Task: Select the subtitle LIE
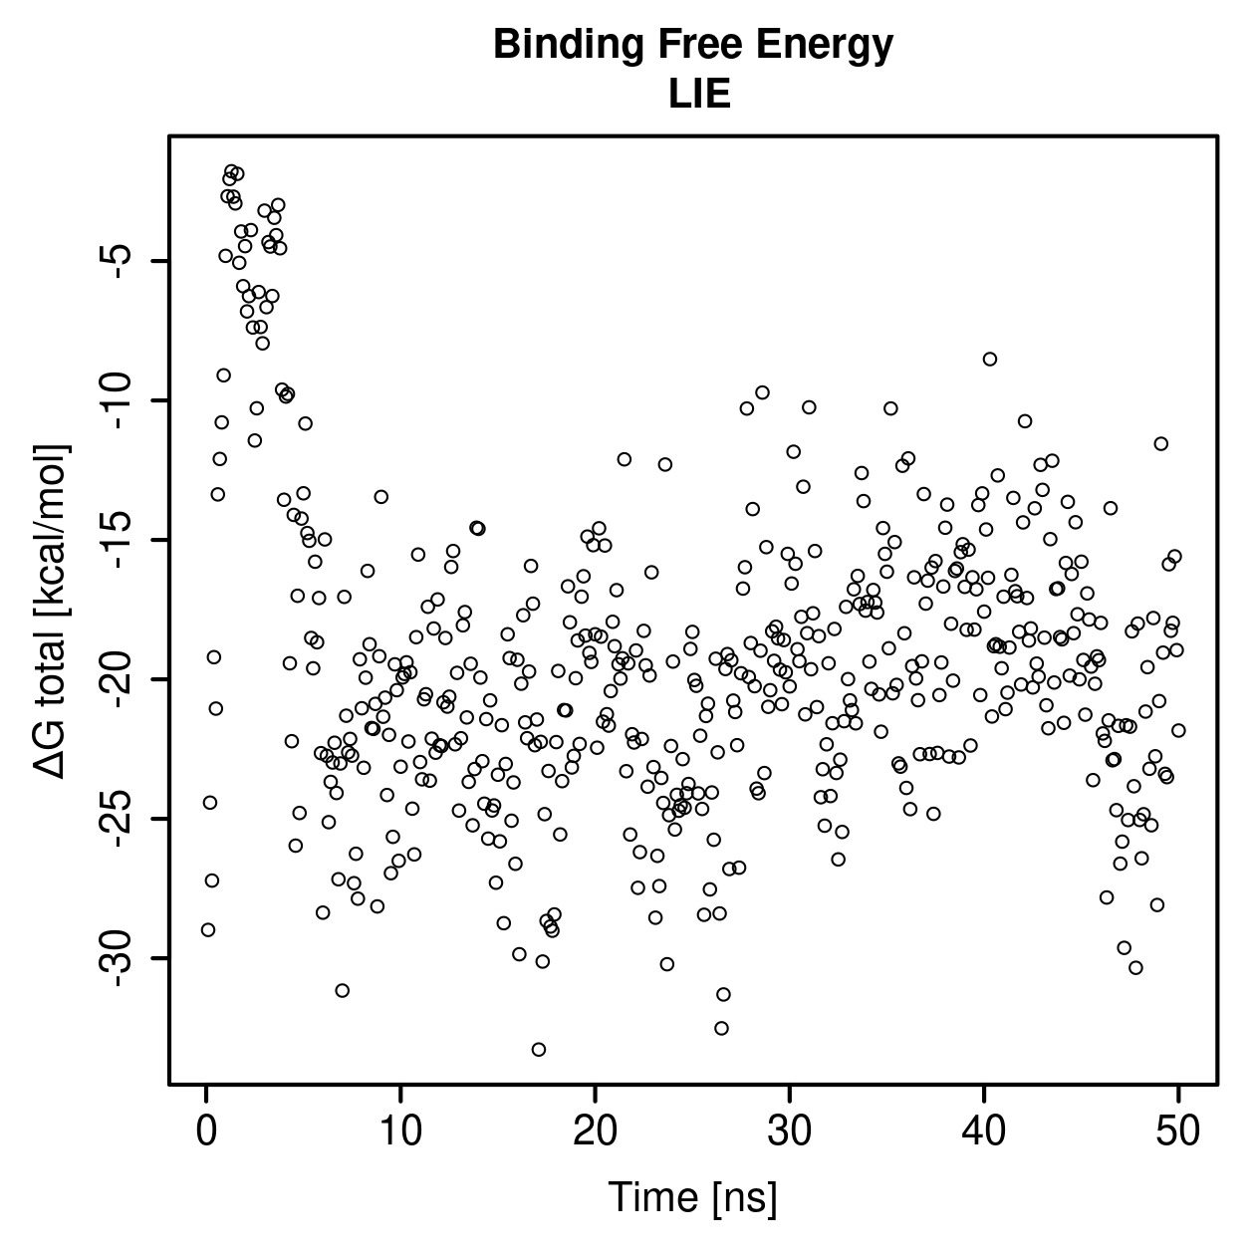[x=699, y=95]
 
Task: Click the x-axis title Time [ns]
[x=693, y=1197]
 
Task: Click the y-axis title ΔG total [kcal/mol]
[x=51, y=612]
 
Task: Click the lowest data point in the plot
[x=539, y=1049]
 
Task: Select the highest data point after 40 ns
[x=990, y=360]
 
